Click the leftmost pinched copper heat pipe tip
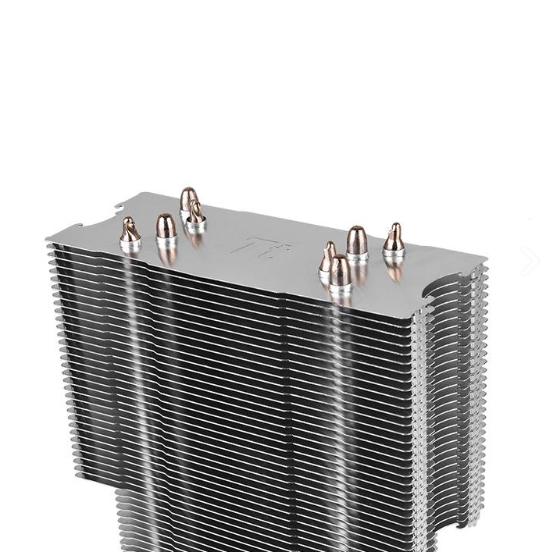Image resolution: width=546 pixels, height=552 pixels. pos(130,232)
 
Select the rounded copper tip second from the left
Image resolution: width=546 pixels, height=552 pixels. pos(166,228)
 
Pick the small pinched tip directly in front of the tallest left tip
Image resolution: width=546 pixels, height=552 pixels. pos(195,213)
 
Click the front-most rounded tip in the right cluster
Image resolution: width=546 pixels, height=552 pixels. pos(340,271)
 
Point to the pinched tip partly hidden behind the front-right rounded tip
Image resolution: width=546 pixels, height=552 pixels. pos(328,258)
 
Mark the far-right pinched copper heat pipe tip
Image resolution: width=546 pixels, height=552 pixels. pos(394,237)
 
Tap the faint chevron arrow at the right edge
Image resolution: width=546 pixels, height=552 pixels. pos(530,261)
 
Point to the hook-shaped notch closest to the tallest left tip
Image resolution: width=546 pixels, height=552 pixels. pos(120,208)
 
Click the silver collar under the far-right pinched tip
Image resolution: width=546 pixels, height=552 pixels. pos(394,252)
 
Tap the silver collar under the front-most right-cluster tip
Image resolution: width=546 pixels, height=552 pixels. pos(340,289)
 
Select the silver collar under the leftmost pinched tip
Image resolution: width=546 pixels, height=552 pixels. pos(130,246)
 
